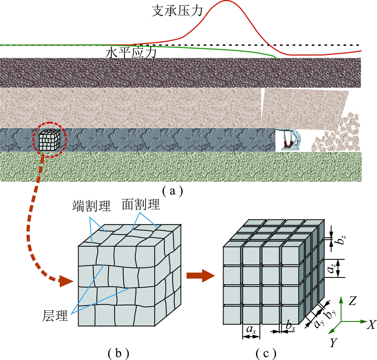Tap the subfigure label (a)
[173, 191]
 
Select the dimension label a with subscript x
[251, 330]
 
